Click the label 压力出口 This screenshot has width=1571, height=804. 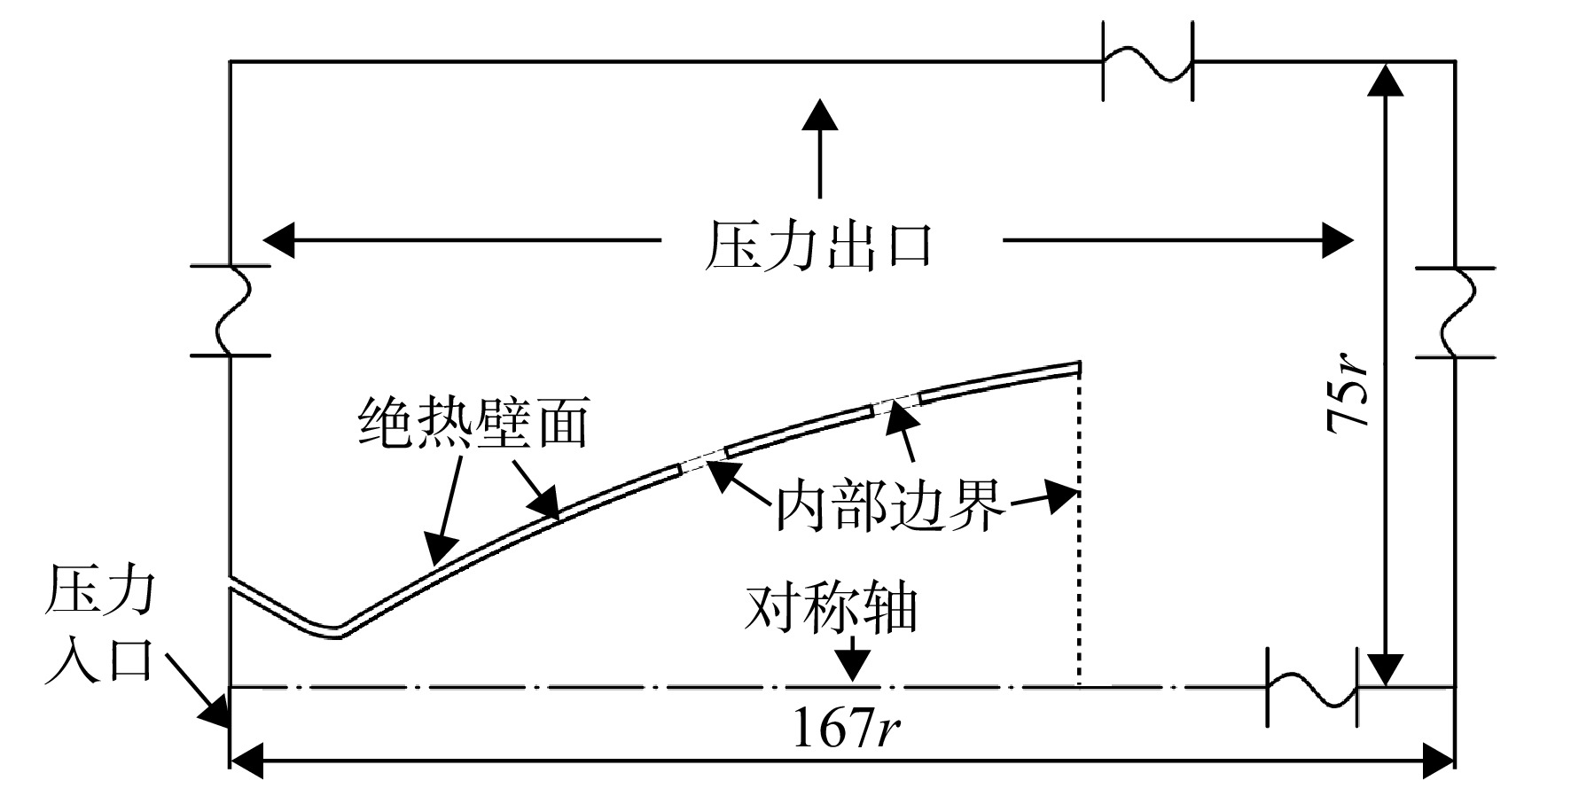818,246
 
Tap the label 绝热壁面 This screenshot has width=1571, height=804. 473,422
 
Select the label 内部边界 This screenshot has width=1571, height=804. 891,505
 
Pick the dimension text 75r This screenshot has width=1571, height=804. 1348,391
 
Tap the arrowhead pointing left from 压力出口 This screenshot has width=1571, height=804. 279,239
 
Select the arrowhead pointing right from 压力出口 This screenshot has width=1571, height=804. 1338,239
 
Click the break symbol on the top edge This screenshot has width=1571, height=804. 1148,61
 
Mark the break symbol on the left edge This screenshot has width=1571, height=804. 231,311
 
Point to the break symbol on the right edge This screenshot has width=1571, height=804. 1455,312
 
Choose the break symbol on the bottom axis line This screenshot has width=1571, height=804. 1313,687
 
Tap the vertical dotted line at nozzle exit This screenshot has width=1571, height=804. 1079,525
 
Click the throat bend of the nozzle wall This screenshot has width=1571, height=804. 335,631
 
